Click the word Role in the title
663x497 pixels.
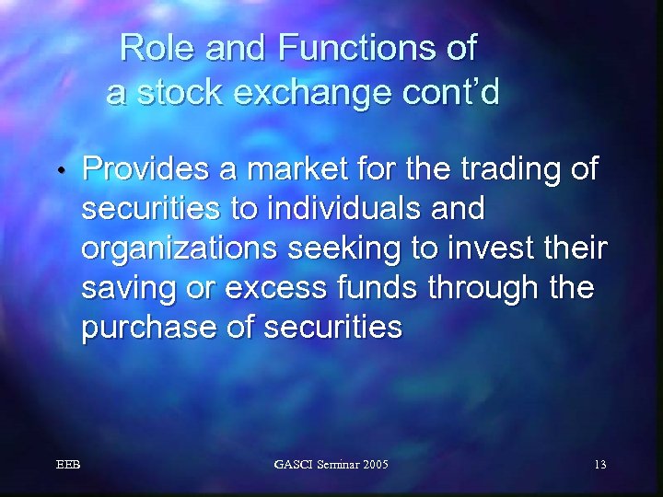[x=157, y=48]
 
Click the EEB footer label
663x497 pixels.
[x=67, y=465]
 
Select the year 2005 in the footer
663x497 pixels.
[x=370, y=465]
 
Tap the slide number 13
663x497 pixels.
[x=599, y=465]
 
